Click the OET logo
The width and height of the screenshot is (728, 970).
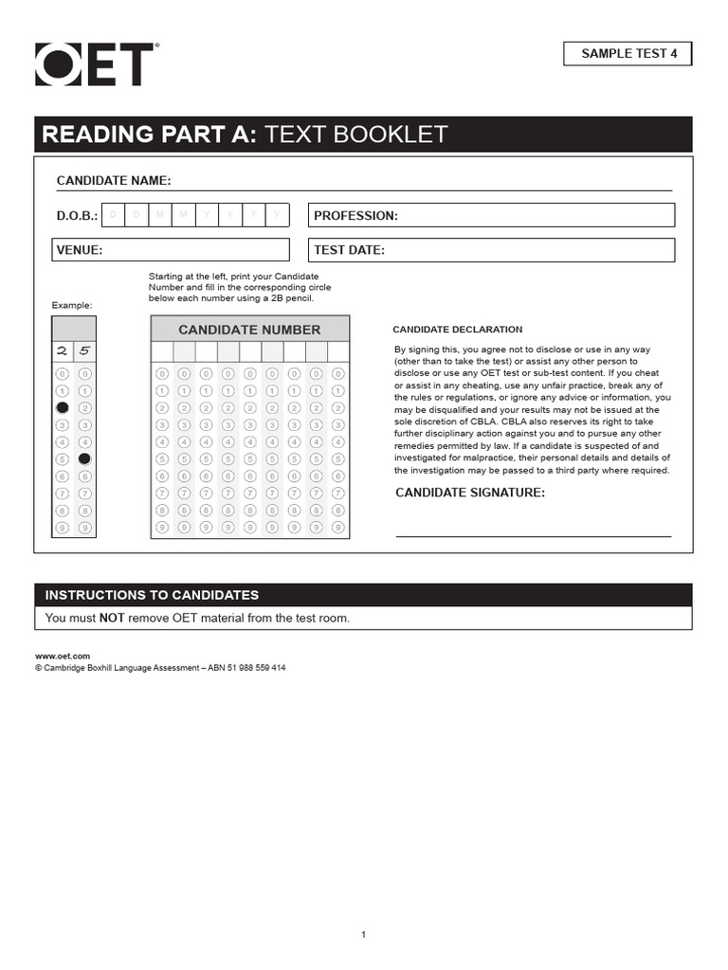(94, 65)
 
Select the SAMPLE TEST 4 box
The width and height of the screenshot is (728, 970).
(628, 54)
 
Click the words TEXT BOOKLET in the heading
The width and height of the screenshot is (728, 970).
(355, 135)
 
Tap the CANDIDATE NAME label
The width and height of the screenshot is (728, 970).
(114, 181)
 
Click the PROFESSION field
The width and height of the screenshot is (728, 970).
(491, 216)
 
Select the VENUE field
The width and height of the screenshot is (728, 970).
(171, 250)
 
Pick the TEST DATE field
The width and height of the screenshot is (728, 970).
(491, 250)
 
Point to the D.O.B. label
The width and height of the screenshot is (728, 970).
(77, 216)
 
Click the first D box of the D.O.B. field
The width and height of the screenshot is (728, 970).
(114, 215)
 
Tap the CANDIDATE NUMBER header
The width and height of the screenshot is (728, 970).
(249, 330)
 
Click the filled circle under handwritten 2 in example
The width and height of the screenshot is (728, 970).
(63, 407)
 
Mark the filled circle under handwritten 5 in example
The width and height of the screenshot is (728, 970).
(84, 458)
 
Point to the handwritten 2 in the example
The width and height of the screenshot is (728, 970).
(63, 350)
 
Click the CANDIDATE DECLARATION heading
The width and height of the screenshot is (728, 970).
(457, 330)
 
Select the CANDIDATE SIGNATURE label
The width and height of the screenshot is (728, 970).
(469, 493)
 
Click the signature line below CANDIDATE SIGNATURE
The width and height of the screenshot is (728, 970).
(533, 535)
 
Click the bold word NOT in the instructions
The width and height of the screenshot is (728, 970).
(113, 619)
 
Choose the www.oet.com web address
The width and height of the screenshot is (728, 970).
(63, 656)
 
